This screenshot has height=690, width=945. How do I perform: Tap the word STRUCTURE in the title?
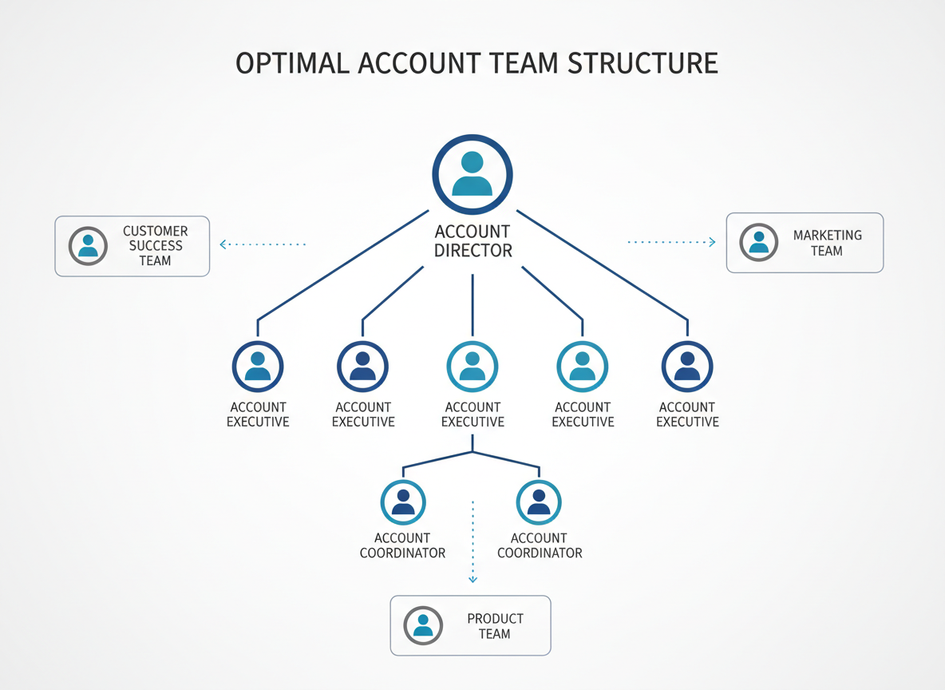tap(643, 63)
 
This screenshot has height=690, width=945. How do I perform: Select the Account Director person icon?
tap(472, 174)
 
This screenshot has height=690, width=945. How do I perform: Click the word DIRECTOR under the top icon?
tap(472, 251)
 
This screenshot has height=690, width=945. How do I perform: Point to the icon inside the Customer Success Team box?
tap(88, 246)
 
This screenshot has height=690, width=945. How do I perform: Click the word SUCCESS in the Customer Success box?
tap(156, 246)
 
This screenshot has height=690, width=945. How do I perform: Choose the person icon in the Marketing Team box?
tap(759, 243)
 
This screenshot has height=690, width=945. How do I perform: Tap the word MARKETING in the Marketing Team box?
tap(827, 236)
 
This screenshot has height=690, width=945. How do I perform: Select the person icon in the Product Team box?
tap(423, 625)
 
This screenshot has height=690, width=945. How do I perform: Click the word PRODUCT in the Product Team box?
tap(495, 619)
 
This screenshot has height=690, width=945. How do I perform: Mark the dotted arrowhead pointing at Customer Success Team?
tap(223, 244)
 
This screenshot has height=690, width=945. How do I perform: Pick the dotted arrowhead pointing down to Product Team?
tap(472, 579)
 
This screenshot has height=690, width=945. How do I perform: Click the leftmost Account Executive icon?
tap(258, 367)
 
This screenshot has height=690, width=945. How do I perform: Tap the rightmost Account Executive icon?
tap(687, 367)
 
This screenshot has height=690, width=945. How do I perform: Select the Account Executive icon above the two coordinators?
tap(472, 367)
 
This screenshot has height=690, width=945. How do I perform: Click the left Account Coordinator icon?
tap(403, 502)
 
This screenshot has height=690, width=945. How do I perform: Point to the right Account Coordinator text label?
tap(540, 545)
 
